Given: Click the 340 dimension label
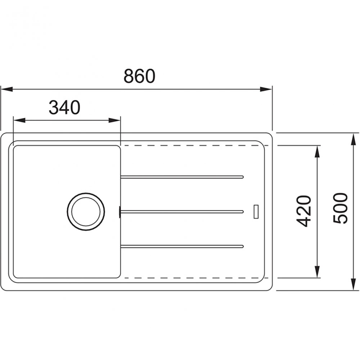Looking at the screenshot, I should click(x=64, y=107).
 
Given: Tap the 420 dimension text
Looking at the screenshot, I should click(x=305, y=211).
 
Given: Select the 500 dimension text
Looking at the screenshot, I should click(x=340, y=208).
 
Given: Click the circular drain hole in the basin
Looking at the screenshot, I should click(x=85, y=211).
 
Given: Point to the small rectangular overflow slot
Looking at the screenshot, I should click(x=256, y=211).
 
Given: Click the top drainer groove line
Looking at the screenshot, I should click(x=182, y=176).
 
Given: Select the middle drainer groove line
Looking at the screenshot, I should click(x=182, y=211).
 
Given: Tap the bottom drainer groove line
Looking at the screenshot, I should click(x=182, y=246).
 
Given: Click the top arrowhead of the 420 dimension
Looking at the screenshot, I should click(x=317, y=151).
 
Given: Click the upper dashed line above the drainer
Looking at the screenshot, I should click(x=191, y=146).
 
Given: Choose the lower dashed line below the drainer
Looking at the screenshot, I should click(x=191, y=278).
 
